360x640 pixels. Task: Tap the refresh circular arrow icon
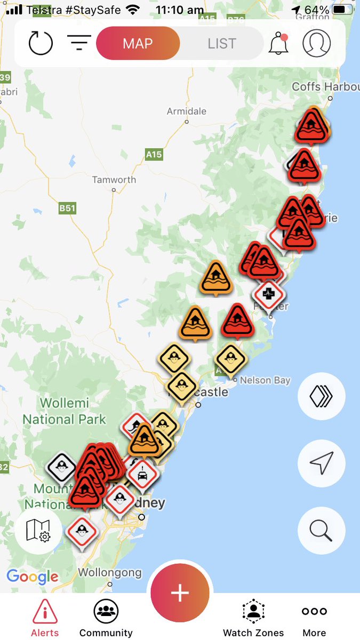click(x=41, y=43)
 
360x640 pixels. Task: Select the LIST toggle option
click(x=221, y=43)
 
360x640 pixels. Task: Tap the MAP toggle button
click(x=138, y=43)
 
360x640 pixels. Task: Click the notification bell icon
click(x=278, y=43)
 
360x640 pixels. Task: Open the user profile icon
click(x=316, y=43)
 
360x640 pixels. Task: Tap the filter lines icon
click(x=79, y=43)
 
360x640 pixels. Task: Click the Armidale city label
click(x=187, y=111)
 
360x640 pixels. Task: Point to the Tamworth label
click(x=114, y=180)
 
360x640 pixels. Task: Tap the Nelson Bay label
click(x=265, y=380)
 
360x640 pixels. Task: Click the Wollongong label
click(x=110, y=573)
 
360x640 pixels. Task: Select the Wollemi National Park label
click(x=64, y=411)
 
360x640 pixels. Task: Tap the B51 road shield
click(x=67, y=208)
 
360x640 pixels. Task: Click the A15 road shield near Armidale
click(x=154, y=155)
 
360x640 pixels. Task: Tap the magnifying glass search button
click(x=321, y=531)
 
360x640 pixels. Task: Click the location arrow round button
click(x=321, y=463)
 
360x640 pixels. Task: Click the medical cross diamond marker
click(x=268, y=293)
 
